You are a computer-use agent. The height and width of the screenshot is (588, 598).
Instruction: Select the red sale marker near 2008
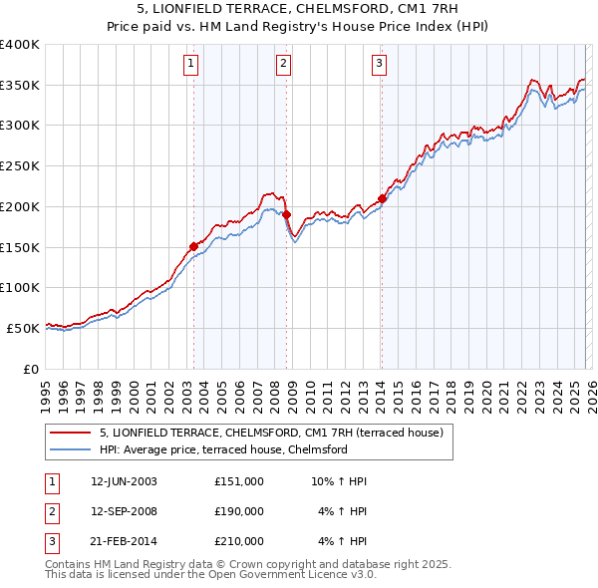click(286, 214)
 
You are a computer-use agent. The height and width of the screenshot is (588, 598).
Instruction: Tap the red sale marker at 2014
click(382, 198)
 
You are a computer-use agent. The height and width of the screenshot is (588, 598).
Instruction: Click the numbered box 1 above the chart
click(190, 65)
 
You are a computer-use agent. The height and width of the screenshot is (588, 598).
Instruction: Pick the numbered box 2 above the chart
click(284, 65)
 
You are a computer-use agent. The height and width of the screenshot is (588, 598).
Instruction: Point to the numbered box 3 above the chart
click(380, 65)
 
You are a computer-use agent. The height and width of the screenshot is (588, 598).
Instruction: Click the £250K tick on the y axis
click(20, 165)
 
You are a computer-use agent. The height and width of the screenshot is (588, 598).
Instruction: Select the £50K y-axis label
click(23, 328)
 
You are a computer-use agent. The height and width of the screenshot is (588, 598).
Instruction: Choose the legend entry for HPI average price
click(222, 450)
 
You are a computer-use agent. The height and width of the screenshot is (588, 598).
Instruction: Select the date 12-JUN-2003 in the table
click(124, 481)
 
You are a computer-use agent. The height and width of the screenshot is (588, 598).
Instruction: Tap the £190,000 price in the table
click(239, 511)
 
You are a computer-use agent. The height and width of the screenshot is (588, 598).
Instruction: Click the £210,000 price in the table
click(239, 541)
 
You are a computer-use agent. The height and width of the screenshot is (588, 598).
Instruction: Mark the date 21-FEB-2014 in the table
click(124, 541)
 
